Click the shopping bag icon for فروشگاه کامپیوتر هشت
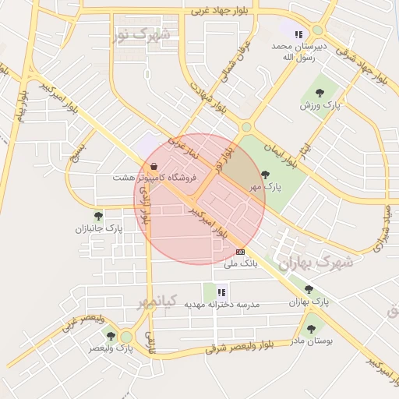pyautogui.click(x=154, y=166)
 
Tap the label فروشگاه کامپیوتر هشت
pyautogui.click(x=153, y=178)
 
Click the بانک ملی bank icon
pyautogui.click(x=240, y=252)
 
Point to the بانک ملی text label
pyautogui.click(x=240, y=264)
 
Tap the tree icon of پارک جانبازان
pyautogui.click(x=99, y=216)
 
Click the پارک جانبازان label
pyautogui.click(x=99, y=228)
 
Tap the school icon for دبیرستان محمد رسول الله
pyautogui.click(x=298, y=34)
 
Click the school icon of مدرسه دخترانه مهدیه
pyautogui.click(x=221, y=292)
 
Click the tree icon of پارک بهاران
pyautogui.click(x=309, y=288)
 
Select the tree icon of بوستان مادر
pyautogui.click(x=312, y=329)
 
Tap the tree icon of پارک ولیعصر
pyautogui.click(x=111, y=336)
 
